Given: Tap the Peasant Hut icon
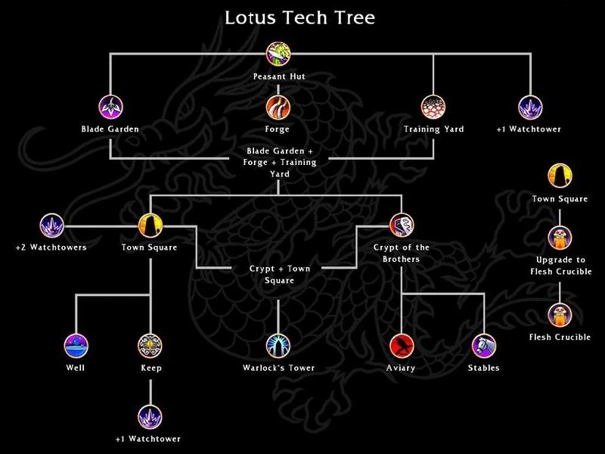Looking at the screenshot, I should [x=278, y=54].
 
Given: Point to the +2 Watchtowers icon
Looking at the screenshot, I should [x=51, y=224].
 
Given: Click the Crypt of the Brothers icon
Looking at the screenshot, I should [x=402, y=224].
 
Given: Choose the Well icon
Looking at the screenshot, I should [x=76, y=345].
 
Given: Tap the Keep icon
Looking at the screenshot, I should [x=150, y=345].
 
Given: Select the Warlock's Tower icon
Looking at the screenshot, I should [x=278, y=345].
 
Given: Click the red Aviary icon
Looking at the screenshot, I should [x=402, y=345].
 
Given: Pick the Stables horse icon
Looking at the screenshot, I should [x=483, y=345].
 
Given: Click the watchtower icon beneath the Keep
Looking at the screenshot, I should [x=150, y=416].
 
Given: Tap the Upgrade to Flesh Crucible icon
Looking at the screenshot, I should [x=560, y=238].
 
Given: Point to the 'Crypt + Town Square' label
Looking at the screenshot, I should [x=279, y=274].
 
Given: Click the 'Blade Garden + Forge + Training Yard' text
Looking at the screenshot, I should [x=279, y=163].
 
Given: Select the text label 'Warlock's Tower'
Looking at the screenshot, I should [x=278, y=368].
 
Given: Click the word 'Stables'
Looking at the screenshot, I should [x=483, y=368].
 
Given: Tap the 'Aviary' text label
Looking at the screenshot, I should [x=402, y=368].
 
